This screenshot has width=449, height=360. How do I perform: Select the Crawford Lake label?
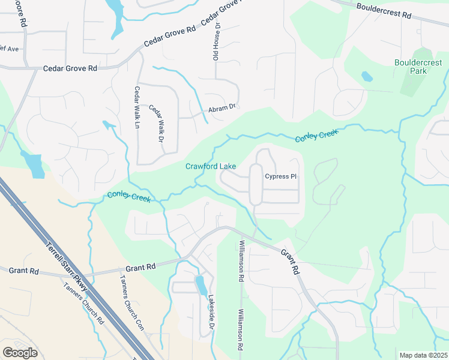(x=210, y=166)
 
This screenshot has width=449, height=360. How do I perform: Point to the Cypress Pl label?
(x=281, y=176)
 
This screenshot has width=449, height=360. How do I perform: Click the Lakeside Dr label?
(x=211, y=313)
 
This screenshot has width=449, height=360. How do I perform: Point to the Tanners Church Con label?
(x=131, y=302)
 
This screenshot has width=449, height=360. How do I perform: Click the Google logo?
(x=20, y=353)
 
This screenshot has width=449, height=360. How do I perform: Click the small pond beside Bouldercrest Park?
(x=366, y=77)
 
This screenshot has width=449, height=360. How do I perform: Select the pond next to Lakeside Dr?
(x=201, y=286)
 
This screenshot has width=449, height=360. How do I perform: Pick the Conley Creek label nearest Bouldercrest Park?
(x=316, y=135)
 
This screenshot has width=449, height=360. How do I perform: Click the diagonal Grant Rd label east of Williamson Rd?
(x=291, y=262)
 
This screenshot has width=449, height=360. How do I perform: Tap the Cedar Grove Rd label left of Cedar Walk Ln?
(x=70, y=68)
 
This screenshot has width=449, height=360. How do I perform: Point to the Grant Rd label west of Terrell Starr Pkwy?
(x=24, y=271)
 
